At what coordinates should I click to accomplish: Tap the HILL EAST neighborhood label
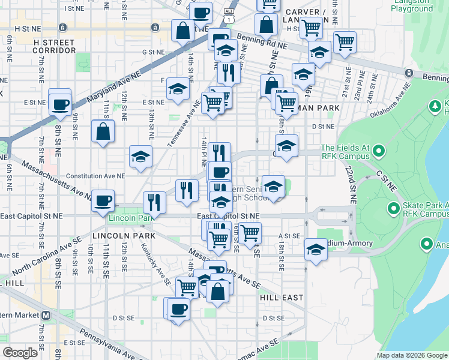[x=281, y=298]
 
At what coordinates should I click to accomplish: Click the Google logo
[x=20, y=352]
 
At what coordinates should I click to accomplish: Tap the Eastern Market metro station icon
[x=46, y=315]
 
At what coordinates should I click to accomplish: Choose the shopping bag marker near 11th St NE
[x=103, y=131]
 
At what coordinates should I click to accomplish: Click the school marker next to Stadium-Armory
[x=315, y=249]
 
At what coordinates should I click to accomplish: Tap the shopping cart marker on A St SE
[x=250, y=232]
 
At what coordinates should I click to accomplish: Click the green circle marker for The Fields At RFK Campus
[x=378, y=149]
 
